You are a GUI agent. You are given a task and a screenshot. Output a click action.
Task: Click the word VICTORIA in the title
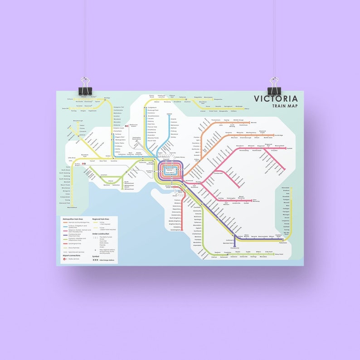tap(276, 99)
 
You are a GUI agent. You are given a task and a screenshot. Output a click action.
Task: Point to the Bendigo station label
tap(107, 97)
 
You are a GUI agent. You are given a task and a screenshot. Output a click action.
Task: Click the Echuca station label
tap(70, 99)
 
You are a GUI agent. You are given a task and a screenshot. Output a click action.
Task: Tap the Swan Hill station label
tap(65, 108)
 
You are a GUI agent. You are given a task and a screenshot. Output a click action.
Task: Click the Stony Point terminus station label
tap(278, 254)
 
